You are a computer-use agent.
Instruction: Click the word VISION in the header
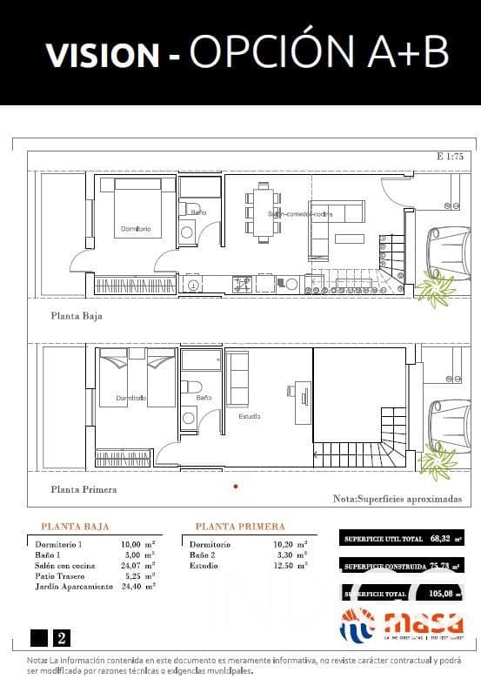click(x=103, y=55)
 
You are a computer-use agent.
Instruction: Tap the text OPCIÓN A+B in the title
click(x=318, y=53)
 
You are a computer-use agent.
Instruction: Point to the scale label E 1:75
click(x=455, y=158)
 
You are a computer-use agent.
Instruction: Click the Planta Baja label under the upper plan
click(x=77, y=316)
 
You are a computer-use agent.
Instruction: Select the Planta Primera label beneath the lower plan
click(x=84, y=489)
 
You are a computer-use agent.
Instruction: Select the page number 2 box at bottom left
click(x=62, y=638)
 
